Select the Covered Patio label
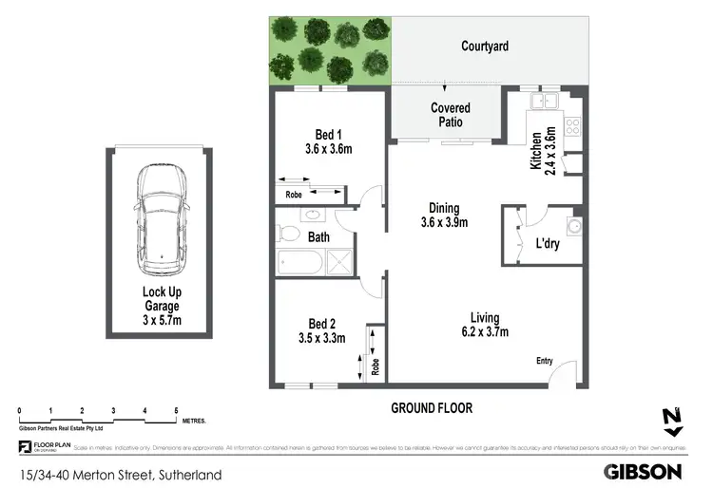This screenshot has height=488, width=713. pyautogui.click(x=450, y=115)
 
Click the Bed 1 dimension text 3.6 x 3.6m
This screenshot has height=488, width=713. pyautogui.click(x=329, y=149)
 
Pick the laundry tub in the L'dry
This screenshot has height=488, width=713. pyautogui.click(x=576, y=227)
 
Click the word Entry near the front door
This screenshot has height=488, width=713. pyautogui.click(x=544, y=360)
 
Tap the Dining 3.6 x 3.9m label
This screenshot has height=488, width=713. pyautogui.click(x=443, y=216)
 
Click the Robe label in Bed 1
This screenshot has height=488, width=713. pyautogui.click(x=294, y=196)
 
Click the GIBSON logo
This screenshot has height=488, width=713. pyautogui.click(x=644, y=471)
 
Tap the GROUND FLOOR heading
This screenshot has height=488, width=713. pyautogui.click(x=432, y=407)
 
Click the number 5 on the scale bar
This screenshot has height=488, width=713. pyautogui.click(x=176, y=410)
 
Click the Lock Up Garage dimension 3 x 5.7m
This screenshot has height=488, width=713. pyautogui.click(x=160, y=321)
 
